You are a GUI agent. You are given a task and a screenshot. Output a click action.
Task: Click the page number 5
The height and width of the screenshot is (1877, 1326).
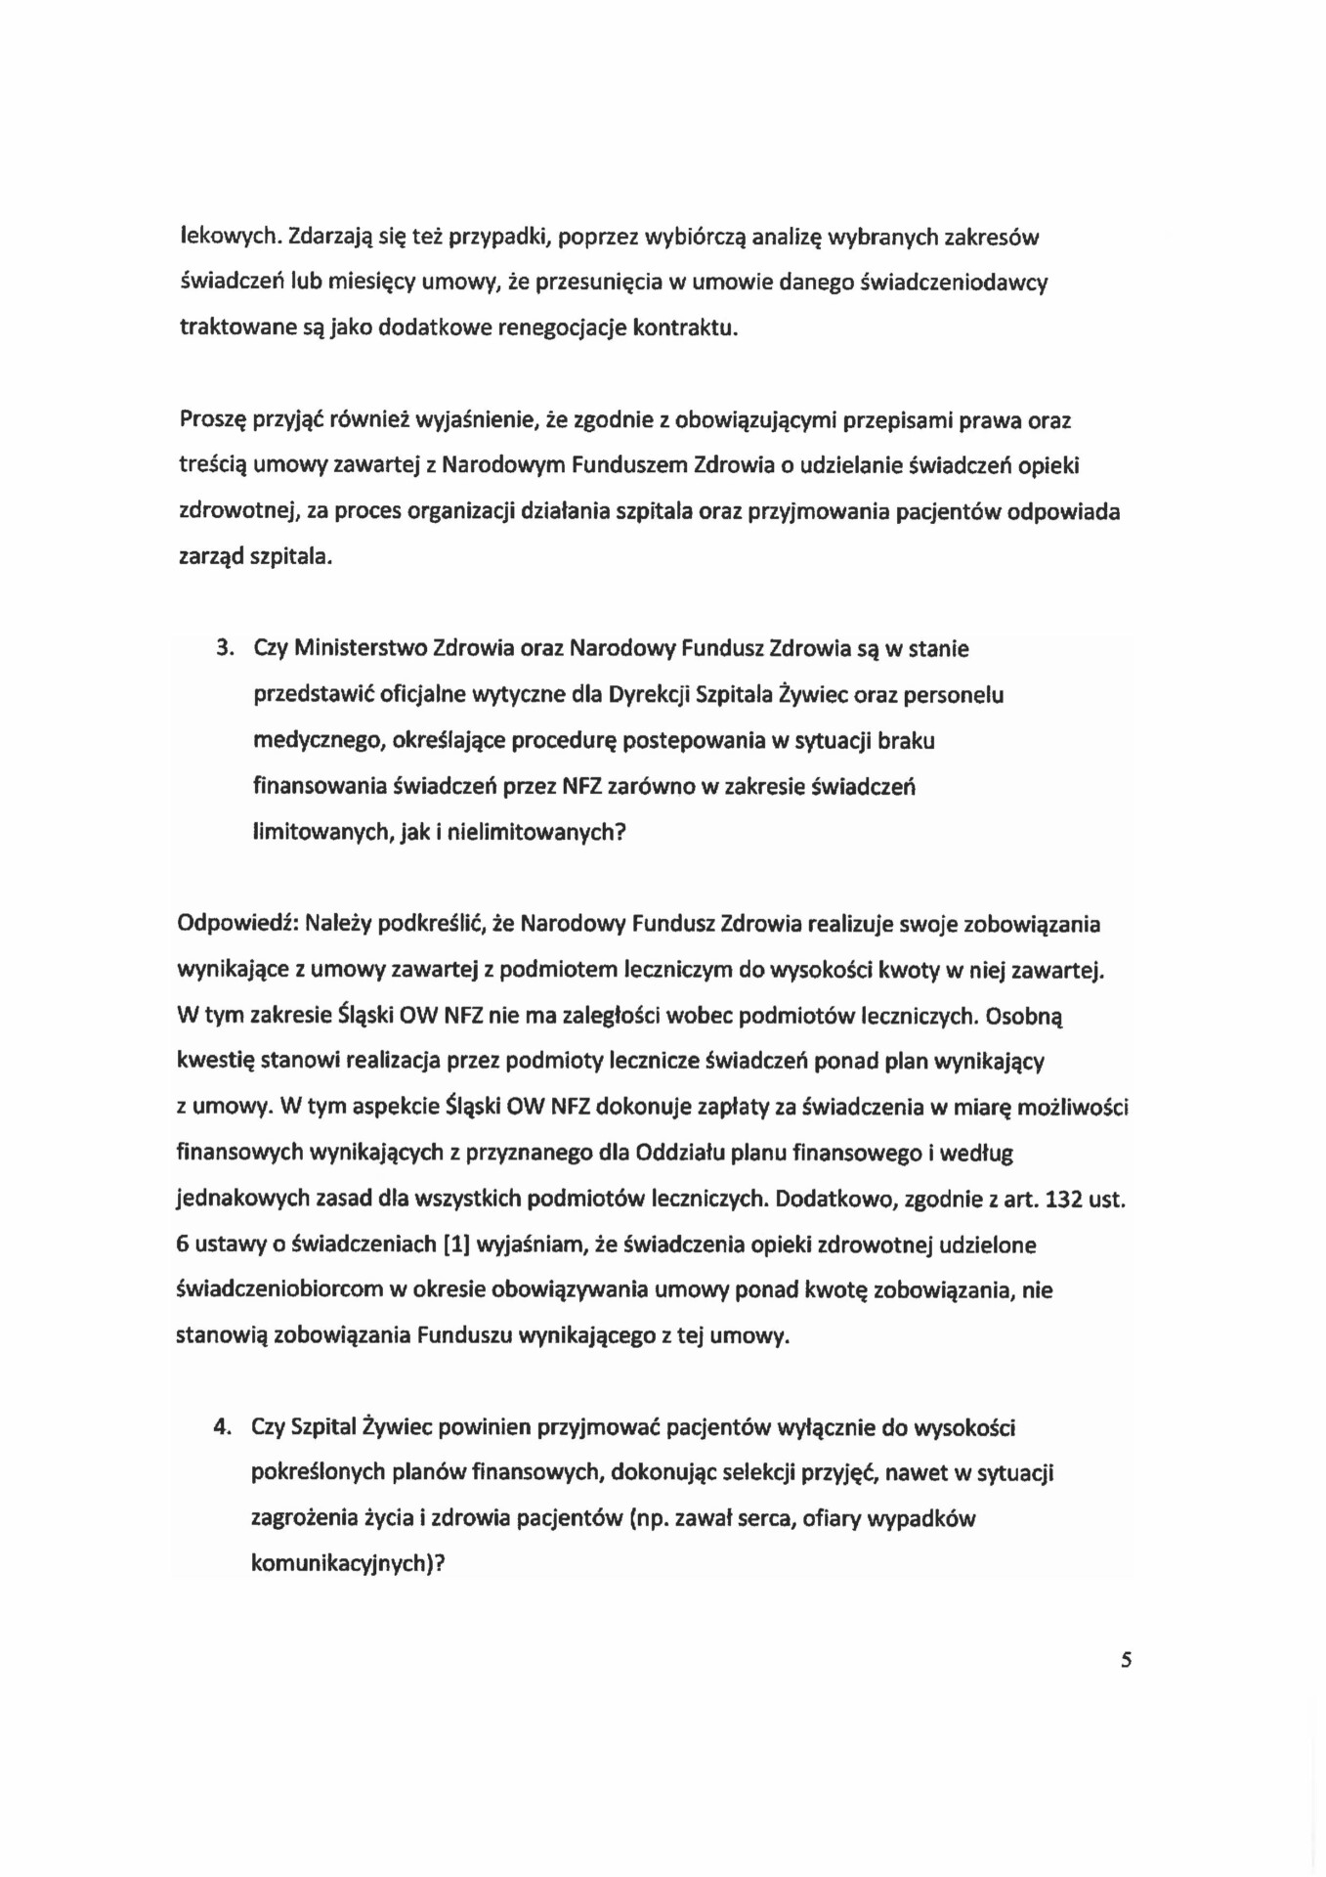(x=1127, y=1660)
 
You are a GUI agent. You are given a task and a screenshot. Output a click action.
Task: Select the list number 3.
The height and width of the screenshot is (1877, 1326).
(x=225, y=648)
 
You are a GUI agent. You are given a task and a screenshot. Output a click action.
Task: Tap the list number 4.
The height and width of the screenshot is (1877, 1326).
(x=222, y=1427)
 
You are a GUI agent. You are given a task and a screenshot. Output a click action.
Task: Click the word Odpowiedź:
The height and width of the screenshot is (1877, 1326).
(x=237, y=924)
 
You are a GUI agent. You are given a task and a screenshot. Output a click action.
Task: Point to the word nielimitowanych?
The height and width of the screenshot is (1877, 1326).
(x=535, y=833)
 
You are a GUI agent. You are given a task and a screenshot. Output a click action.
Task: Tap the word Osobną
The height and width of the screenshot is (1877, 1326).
(x=1024, y=1016)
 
